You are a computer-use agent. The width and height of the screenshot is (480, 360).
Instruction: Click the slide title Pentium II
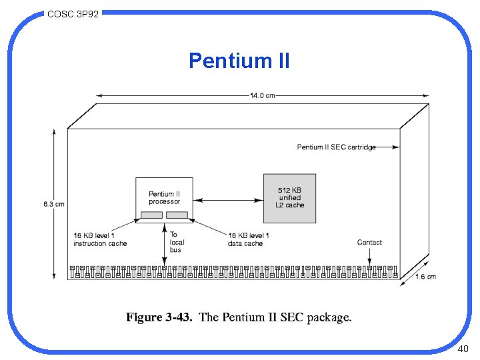239,61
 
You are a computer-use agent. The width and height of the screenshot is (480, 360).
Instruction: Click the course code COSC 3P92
73,13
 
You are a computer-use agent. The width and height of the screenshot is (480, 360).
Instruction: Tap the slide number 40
463,349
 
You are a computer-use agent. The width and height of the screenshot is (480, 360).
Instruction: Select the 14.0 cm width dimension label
262,96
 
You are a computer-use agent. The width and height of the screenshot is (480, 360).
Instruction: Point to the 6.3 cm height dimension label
54,204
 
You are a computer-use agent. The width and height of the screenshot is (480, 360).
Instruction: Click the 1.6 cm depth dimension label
425,277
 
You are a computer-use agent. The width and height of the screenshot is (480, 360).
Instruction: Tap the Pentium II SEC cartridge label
336,147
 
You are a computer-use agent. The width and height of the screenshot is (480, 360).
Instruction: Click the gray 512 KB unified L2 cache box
289,198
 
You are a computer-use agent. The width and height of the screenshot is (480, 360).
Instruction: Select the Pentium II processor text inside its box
164,197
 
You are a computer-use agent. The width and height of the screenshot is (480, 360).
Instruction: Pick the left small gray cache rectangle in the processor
151,215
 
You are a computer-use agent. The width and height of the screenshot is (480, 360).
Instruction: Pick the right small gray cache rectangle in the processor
177,215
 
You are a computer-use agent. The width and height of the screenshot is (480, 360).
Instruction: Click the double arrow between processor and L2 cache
228,199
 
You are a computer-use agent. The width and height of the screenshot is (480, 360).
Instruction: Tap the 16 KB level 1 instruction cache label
100,239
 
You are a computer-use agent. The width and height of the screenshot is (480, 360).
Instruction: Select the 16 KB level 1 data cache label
249,239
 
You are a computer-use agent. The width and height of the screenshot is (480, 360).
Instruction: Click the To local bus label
176,242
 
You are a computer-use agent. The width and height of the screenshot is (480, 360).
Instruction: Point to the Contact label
369,243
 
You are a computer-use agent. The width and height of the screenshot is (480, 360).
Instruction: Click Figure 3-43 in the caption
159,317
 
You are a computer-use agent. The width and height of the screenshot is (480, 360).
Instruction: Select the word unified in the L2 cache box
289,198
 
